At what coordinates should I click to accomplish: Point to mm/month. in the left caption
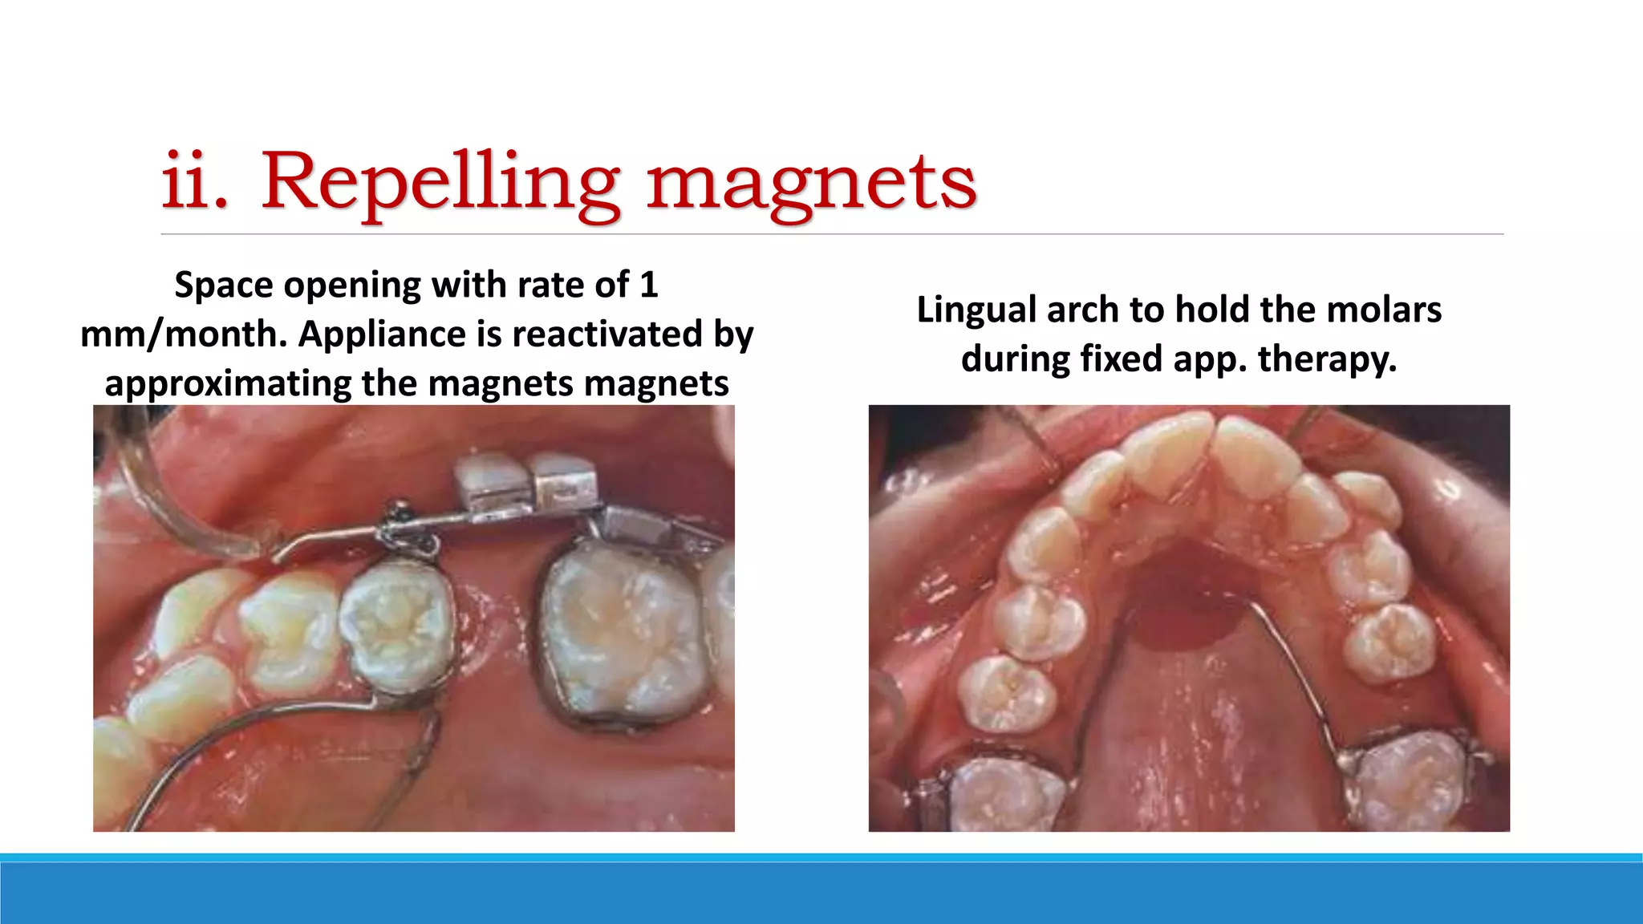tap(184, 334)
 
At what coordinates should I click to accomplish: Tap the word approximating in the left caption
tap(228, 383)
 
